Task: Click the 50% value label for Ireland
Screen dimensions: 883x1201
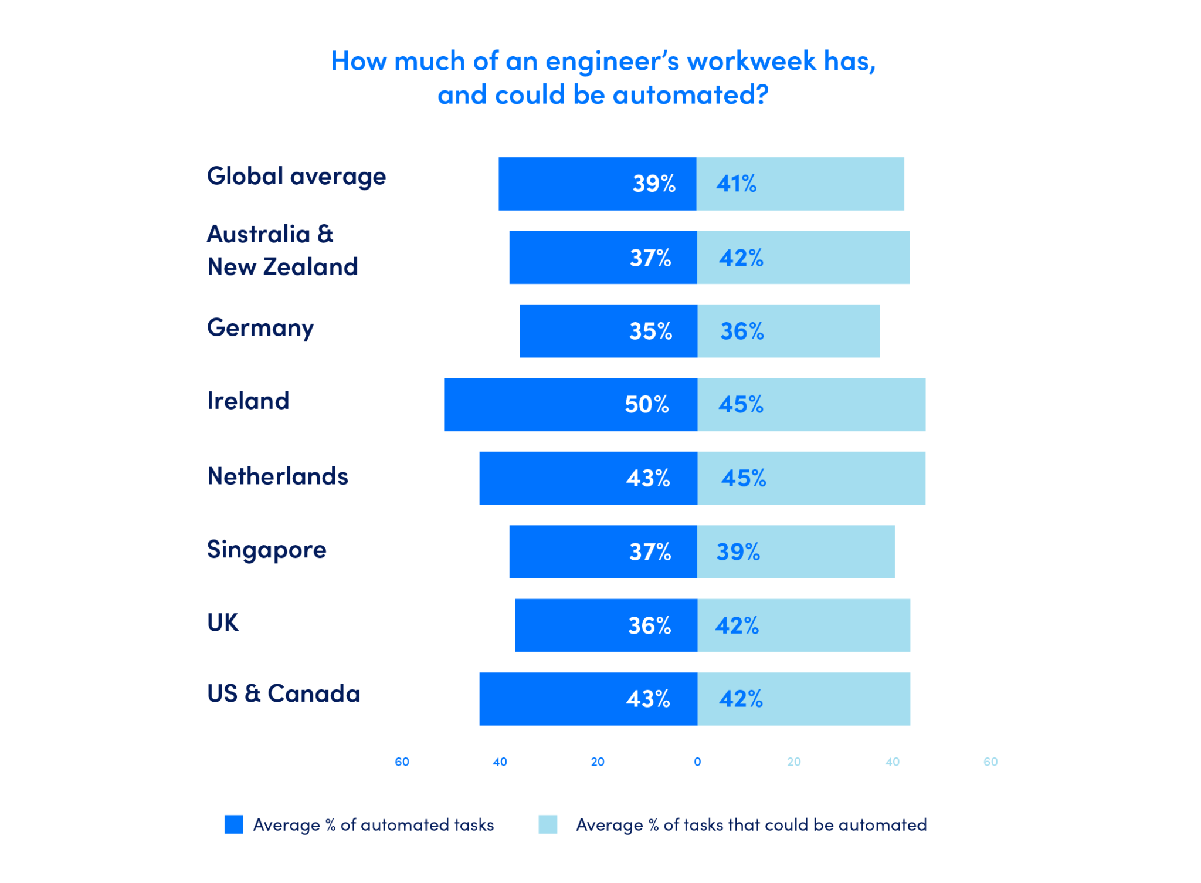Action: coord(646,405)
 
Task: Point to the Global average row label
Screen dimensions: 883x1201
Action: coord(296,177)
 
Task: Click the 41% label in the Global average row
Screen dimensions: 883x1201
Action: coord(736,184)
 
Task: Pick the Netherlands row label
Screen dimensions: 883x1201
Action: coord(278,476)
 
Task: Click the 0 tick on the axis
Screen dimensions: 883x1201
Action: coord(697,762)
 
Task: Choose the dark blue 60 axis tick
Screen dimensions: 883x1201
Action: coord(402,762)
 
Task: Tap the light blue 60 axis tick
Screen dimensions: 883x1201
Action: coord(990,762)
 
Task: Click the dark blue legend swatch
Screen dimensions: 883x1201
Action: coord(233,824)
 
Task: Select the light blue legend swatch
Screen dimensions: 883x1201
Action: coord(548,824)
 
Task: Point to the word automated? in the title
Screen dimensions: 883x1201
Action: coord(691,95)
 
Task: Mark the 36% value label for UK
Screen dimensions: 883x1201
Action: coord(649,626)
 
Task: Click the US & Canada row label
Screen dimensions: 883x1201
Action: coord(284,693)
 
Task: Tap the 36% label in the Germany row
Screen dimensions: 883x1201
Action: coord(742,331)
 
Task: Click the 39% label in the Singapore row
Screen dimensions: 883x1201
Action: coord(738,552)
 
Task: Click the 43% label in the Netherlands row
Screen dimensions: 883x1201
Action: coord(647,479)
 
